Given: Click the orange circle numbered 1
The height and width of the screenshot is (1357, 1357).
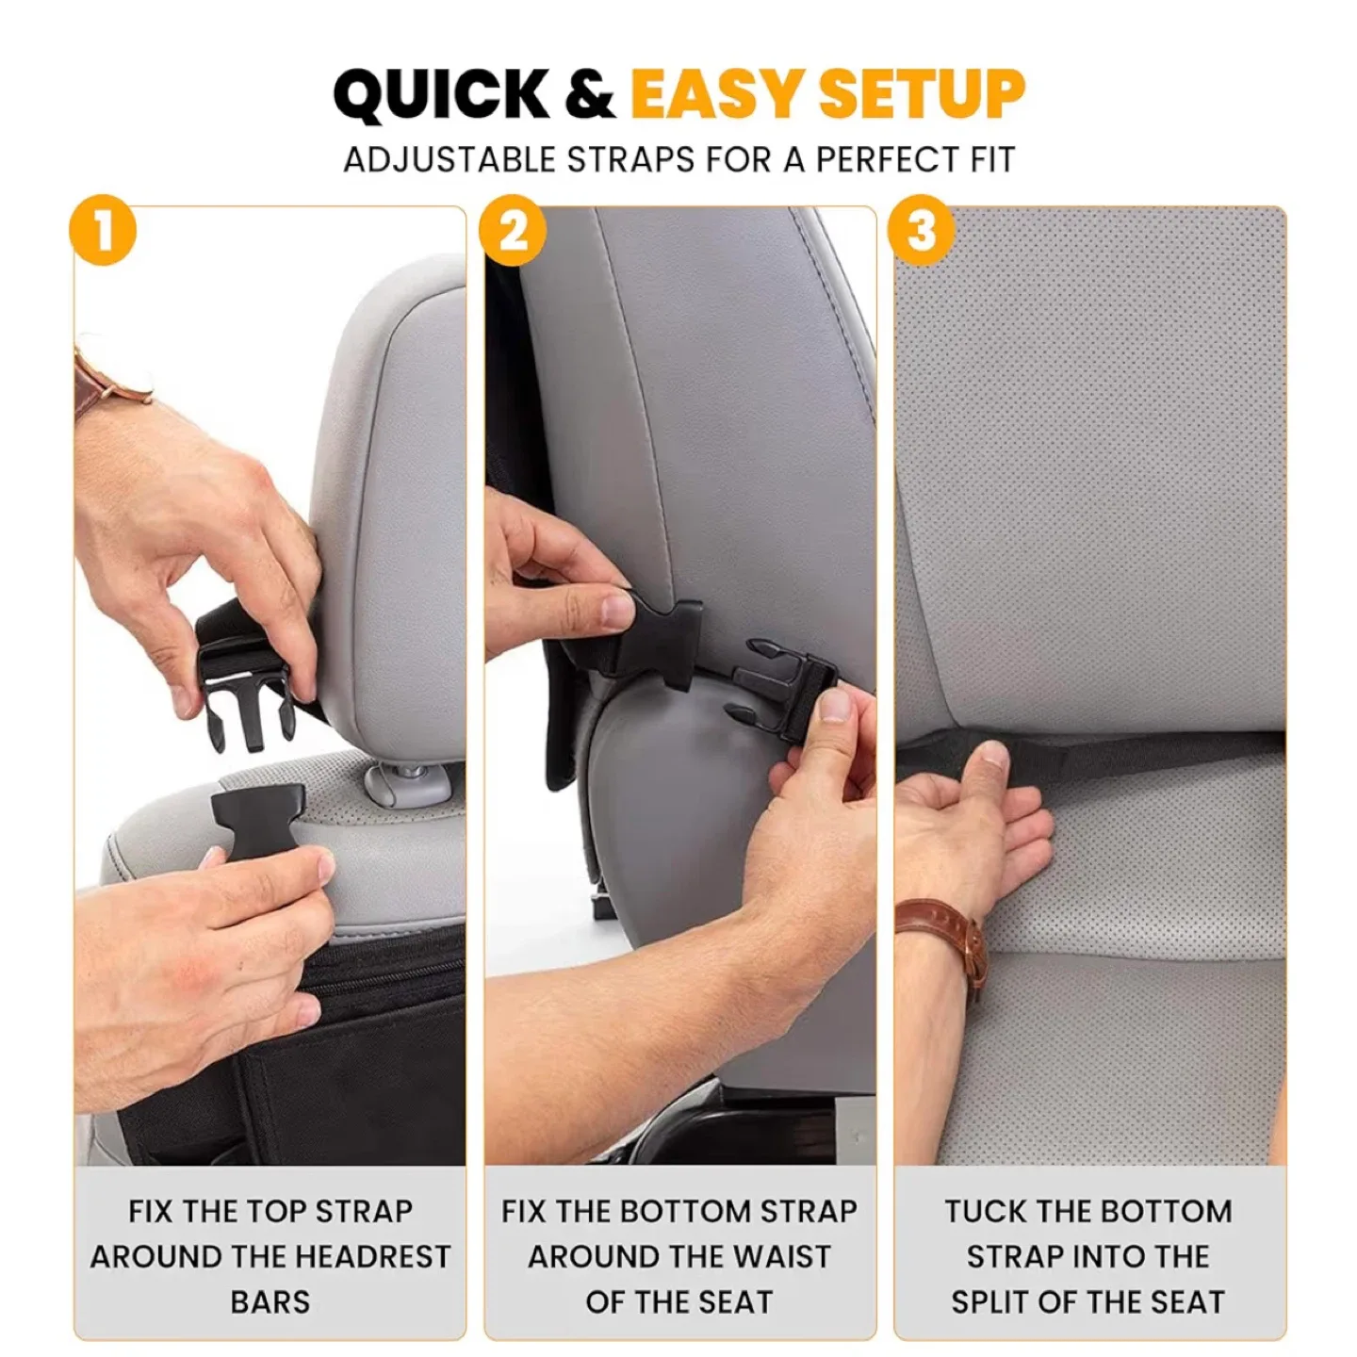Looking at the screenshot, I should (x=103, y=231).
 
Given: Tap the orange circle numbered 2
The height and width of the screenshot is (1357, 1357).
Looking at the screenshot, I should (x=513, y=231).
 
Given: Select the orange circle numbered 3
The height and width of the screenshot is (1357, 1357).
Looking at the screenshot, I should (x=923, y=231).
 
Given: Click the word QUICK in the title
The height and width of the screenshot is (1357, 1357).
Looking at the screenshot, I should (x=441, y=95).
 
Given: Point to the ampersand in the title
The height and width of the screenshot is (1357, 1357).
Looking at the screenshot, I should (x=591, y=95).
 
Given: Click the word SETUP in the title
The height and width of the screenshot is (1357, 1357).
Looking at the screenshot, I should (x=921, y=95).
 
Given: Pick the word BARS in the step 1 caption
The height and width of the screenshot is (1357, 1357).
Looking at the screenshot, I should (x=270, y=1302).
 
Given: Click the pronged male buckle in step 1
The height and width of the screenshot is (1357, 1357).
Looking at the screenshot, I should (x=245, y=707).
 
